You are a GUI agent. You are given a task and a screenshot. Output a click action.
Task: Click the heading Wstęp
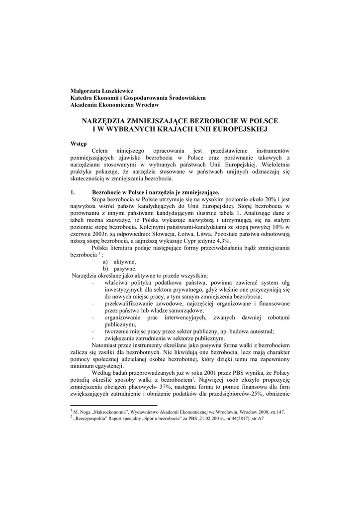click(x=79, y=144)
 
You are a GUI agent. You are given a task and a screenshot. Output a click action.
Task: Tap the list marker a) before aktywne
click(x=106, y=261)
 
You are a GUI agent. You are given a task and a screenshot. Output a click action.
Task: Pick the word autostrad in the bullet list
click(x=263, y=331)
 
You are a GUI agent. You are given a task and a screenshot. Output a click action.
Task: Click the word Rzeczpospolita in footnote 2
click(x=93, y=419)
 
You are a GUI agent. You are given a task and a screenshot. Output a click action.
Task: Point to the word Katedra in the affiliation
click(x=82, y=98)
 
